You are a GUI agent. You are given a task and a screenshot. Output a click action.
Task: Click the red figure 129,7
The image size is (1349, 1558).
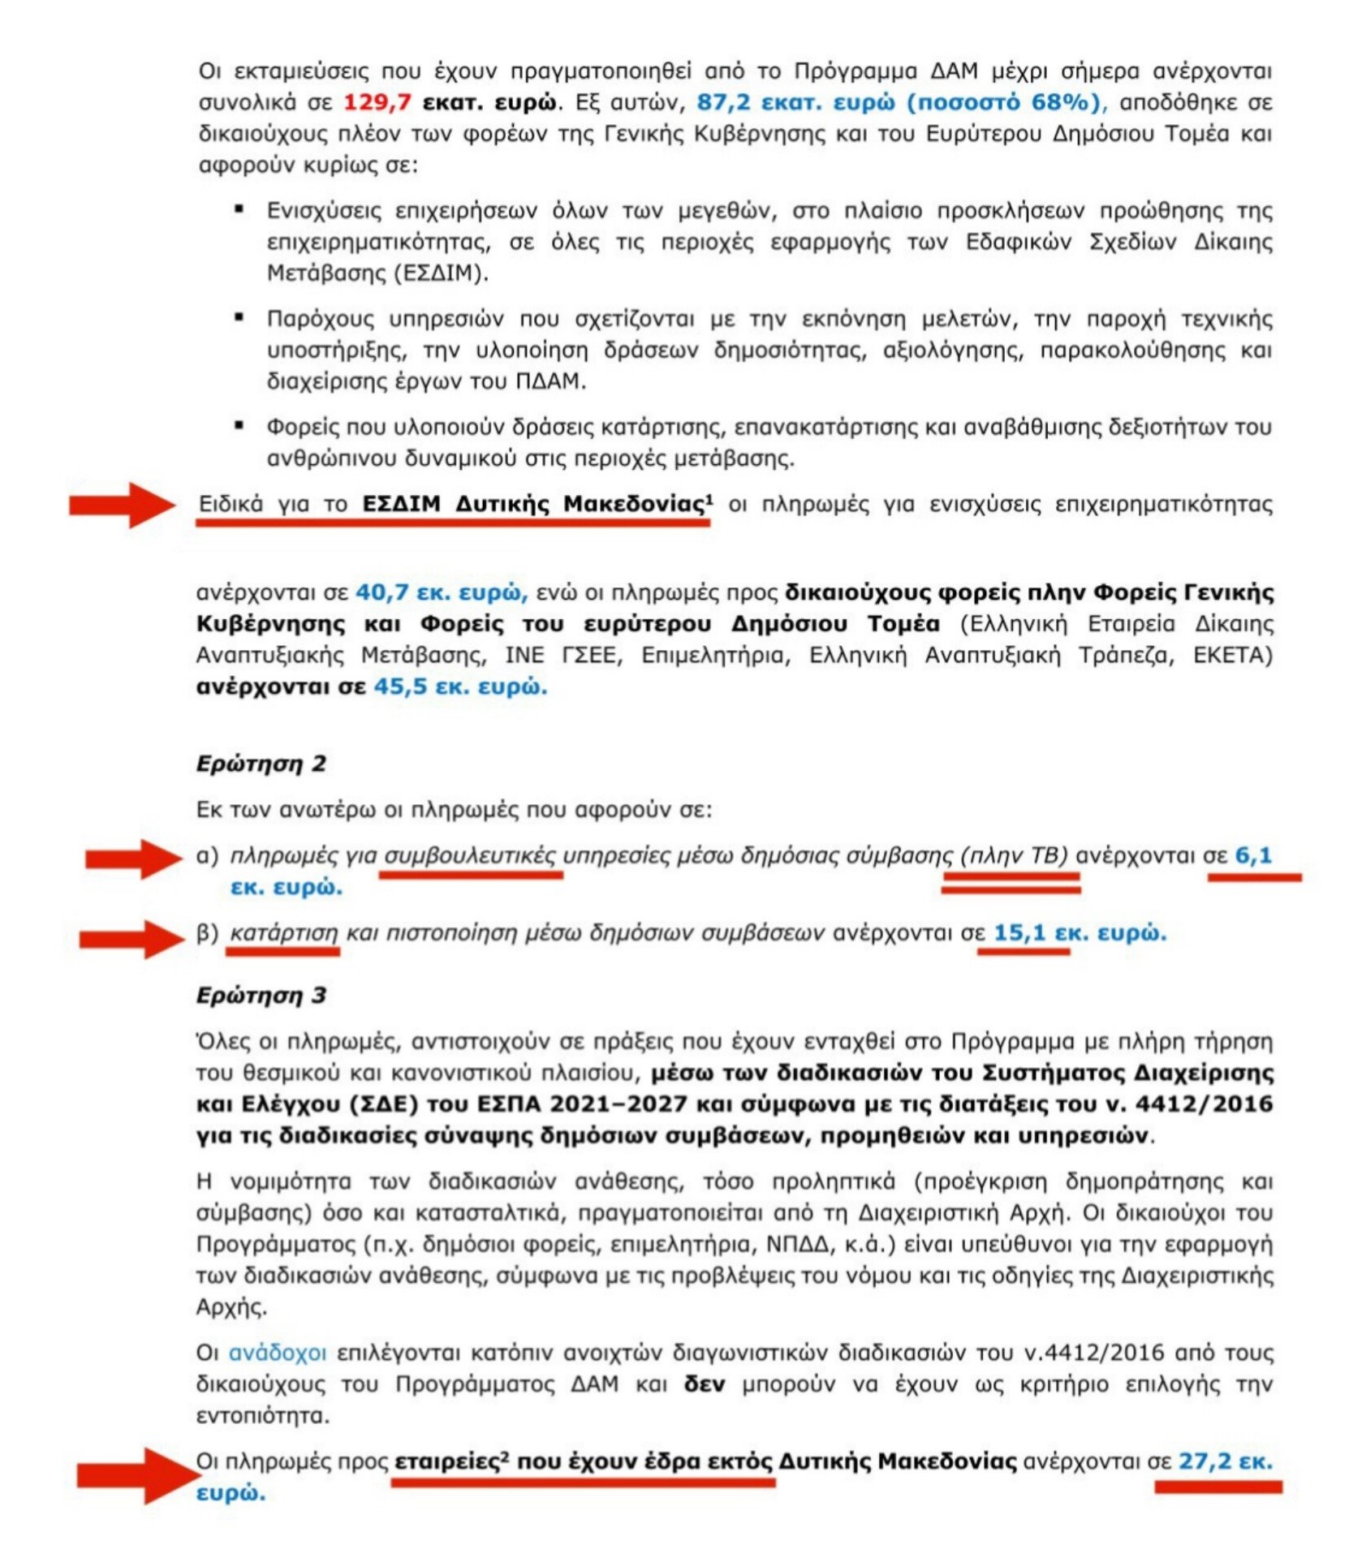377,103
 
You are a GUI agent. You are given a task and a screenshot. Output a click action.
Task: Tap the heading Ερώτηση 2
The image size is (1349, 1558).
261,764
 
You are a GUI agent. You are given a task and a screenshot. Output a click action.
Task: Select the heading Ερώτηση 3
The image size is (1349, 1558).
261,995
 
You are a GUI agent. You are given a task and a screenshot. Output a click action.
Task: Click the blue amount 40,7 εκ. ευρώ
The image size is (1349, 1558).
441,592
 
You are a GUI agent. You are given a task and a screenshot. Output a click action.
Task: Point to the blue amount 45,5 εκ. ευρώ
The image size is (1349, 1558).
459,686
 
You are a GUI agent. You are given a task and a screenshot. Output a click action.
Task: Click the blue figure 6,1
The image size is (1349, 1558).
1252,855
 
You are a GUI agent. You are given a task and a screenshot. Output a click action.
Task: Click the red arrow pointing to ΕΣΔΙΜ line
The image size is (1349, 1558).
122,505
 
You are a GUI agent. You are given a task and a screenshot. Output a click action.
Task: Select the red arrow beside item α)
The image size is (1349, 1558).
134,858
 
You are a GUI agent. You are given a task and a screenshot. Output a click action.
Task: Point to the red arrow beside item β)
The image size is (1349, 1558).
131,939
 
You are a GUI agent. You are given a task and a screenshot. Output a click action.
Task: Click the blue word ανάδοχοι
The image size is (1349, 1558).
278,1353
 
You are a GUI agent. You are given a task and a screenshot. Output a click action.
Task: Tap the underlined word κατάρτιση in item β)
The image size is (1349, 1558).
283,933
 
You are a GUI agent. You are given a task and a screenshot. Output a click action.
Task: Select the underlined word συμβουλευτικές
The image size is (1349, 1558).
470,855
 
